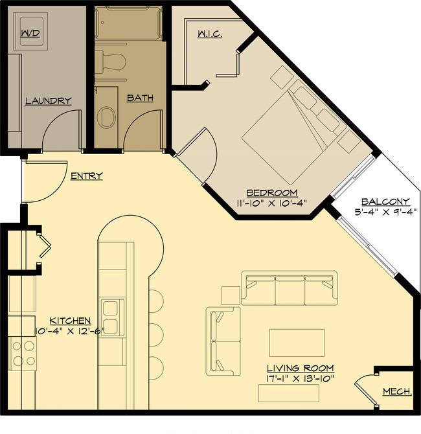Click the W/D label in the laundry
point(30,34)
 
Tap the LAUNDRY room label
point(49,101)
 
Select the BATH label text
point(140,98)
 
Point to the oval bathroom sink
point(107,117)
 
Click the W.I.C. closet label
point(210,34)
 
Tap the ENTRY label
point(87,176)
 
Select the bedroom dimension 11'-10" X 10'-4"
point(272,203)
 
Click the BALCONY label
point(385,201)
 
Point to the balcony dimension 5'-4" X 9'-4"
point(385,212)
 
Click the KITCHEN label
point(70,321)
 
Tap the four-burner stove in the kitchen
point(23,354)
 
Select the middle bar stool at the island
point(156,334)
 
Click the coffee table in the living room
point(297,343)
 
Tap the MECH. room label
point(398,392)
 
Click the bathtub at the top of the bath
point(128,23)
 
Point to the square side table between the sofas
point(231,295)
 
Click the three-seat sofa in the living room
point(290,288)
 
